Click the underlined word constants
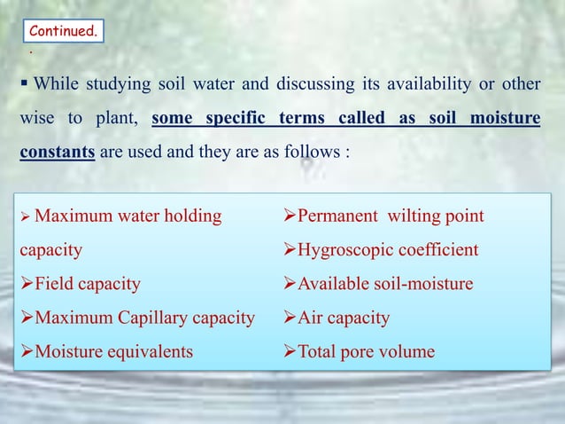click(58, 151)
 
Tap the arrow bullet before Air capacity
click(290, 318)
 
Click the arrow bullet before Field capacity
click(27, 284)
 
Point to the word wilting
click(420, 216)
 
